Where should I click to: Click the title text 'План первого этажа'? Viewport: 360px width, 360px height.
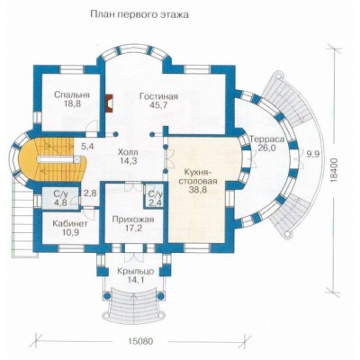(x=139, y=15)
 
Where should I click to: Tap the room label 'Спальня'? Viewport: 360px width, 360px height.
(x=72, y=95)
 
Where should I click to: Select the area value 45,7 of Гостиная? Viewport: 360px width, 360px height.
(x=158, y=105)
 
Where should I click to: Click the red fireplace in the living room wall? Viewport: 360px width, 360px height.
(x=109, y=103)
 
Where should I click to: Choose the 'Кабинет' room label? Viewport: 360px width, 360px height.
(x=70, y=224)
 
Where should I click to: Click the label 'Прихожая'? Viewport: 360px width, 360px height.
(x=133, y=220)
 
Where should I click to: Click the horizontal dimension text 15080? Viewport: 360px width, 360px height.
(x=140, y=341)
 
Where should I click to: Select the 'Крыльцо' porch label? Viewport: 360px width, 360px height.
(x=136, y=272)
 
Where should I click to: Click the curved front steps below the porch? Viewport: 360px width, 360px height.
(x=135, y=301)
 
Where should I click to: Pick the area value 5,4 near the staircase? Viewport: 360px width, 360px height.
(x=88, y=147)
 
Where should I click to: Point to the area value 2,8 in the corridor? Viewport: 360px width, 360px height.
(x=90, y=193)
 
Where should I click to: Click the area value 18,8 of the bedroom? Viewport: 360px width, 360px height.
(x=72, y=103)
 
